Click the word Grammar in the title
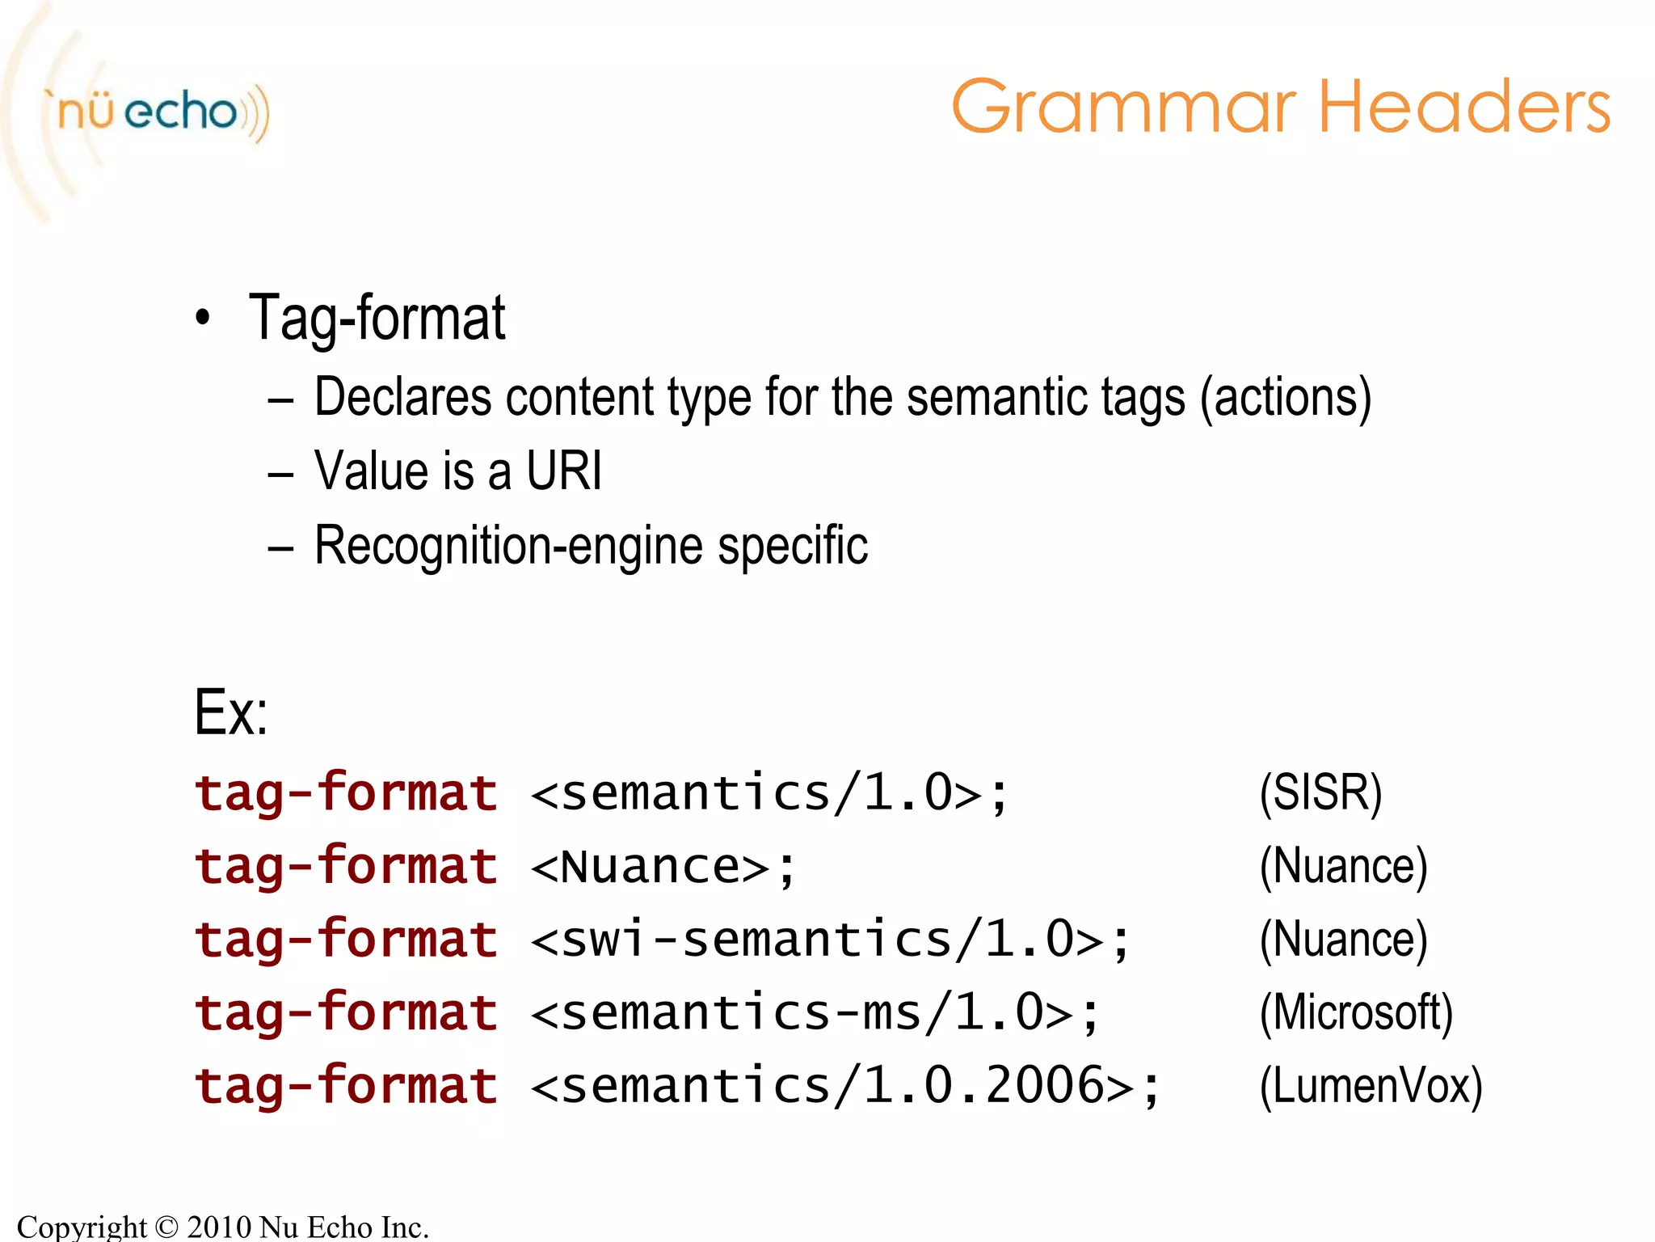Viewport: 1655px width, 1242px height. click(1123, 107)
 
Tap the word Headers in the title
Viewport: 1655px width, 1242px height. click(1464, 107)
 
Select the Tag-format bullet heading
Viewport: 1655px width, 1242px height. click(377, 319)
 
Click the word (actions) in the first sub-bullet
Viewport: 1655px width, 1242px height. click(1286, 398)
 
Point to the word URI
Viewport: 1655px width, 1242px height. click(564, 471)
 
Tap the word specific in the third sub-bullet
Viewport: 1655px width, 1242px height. click(793, 546)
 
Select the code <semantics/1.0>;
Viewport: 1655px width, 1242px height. click(769, 792)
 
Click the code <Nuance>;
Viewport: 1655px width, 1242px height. click(663, 867)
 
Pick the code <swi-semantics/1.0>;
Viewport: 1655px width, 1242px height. click(830, 940)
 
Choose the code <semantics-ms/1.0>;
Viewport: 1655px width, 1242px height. click(815, 1013)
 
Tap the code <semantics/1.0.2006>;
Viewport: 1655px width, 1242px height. click(845, 1086)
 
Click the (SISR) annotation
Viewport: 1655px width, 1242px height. click(1320, 792)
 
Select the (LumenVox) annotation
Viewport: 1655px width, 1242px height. click(1371, 1086)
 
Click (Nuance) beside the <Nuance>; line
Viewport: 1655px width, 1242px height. click(1343, 867)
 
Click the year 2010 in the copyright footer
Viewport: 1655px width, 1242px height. click(219, 1227)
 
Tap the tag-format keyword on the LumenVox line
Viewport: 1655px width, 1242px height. click(346, 1086)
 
